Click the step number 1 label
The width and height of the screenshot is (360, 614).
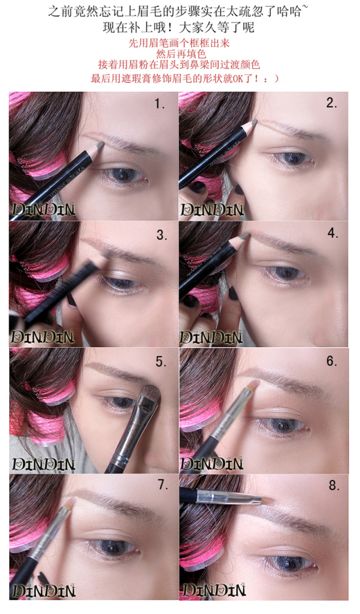160,104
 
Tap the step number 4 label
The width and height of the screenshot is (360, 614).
333,233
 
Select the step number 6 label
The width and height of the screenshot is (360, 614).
332,360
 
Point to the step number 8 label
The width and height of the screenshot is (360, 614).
334,485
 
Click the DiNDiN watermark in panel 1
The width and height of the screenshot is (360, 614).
43,210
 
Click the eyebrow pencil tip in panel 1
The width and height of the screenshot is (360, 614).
100,146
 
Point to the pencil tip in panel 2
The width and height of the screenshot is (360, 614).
253,123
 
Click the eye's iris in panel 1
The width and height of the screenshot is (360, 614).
124,174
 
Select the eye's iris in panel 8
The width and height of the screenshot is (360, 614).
286,564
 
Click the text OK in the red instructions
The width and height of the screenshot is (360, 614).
238,79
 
